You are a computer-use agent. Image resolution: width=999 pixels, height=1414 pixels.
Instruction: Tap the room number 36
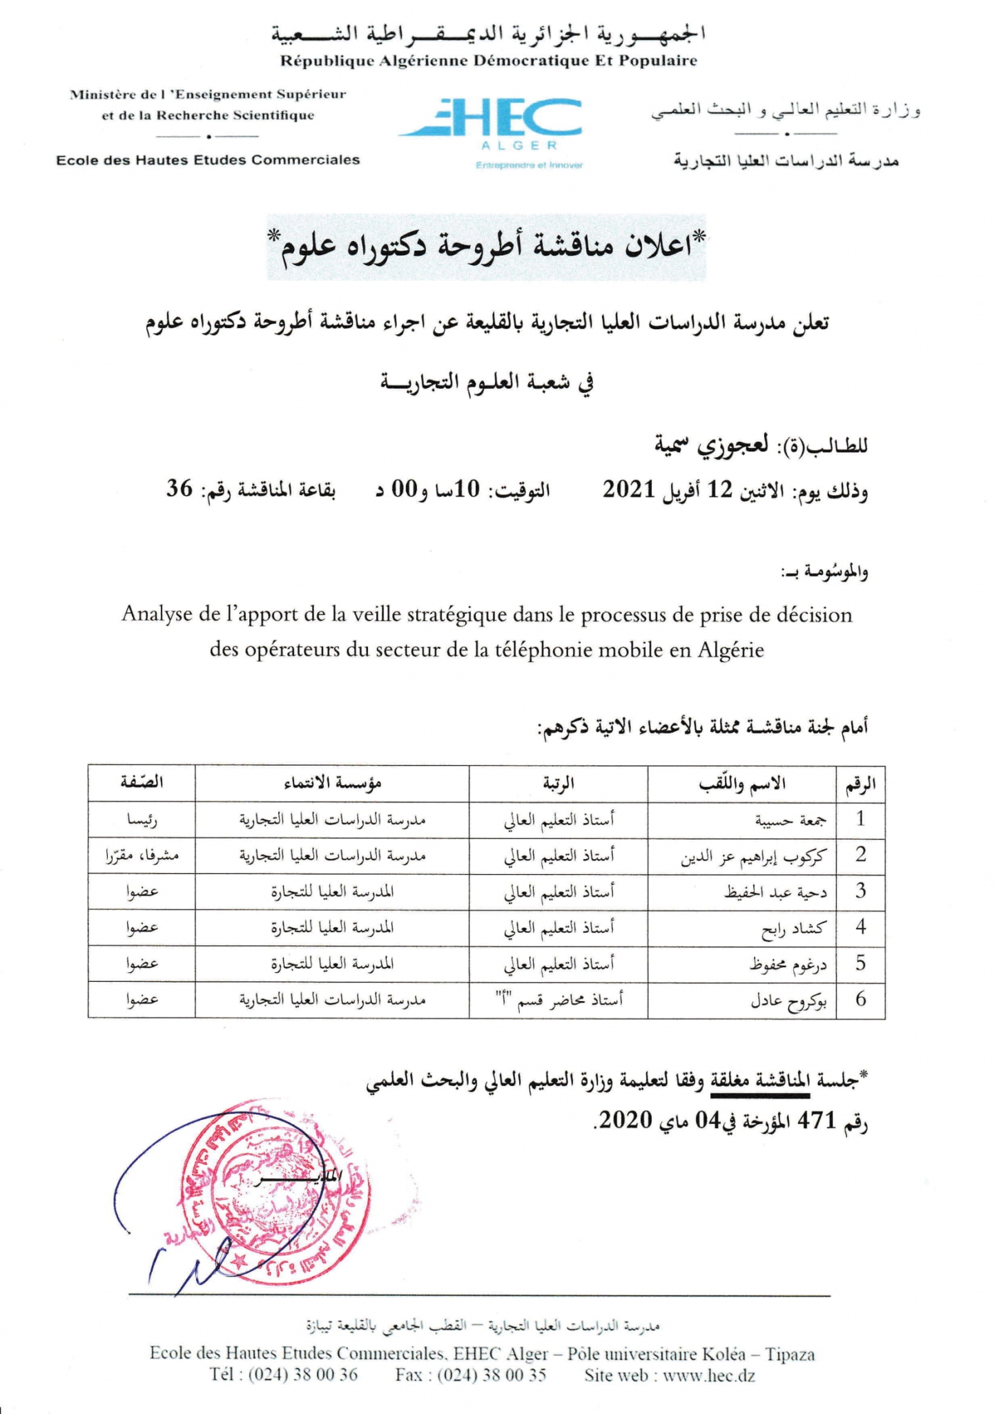tap(179, 490)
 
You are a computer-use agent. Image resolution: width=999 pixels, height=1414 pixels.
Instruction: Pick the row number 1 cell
tap(860, 819)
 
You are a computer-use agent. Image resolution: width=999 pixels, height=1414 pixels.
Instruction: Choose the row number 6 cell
tap(860, 999)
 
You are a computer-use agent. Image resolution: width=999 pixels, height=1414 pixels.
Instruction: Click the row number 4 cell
tap(860, 927)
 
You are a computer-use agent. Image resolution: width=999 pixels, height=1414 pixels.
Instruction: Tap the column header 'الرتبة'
tap(559, 783)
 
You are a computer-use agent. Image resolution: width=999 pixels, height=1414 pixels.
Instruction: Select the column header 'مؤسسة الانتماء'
tap(332, 783)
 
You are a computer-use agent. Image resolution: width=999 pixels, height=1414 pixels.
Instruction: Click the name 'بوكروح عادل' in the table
tap(788, 1000)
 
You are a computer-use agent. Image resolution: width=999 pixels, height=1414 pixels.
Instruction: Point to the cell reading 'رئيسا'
tap(142, 820)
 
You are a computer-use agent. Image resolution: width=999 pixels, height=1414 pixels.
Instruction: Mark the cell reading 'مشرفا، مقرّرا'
tap(142, 856)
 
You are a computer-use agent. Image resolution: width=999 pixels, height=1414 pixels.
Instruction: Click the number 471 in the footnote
tap(817, 1121)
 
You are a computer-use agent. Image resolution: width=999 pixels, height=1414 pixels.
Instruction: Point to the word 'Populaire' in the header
tap(657, 61)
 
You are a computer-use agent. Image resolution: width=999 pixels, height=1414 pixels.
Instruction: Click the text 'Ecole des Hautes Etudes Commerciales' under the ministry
tap(208, 160)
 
